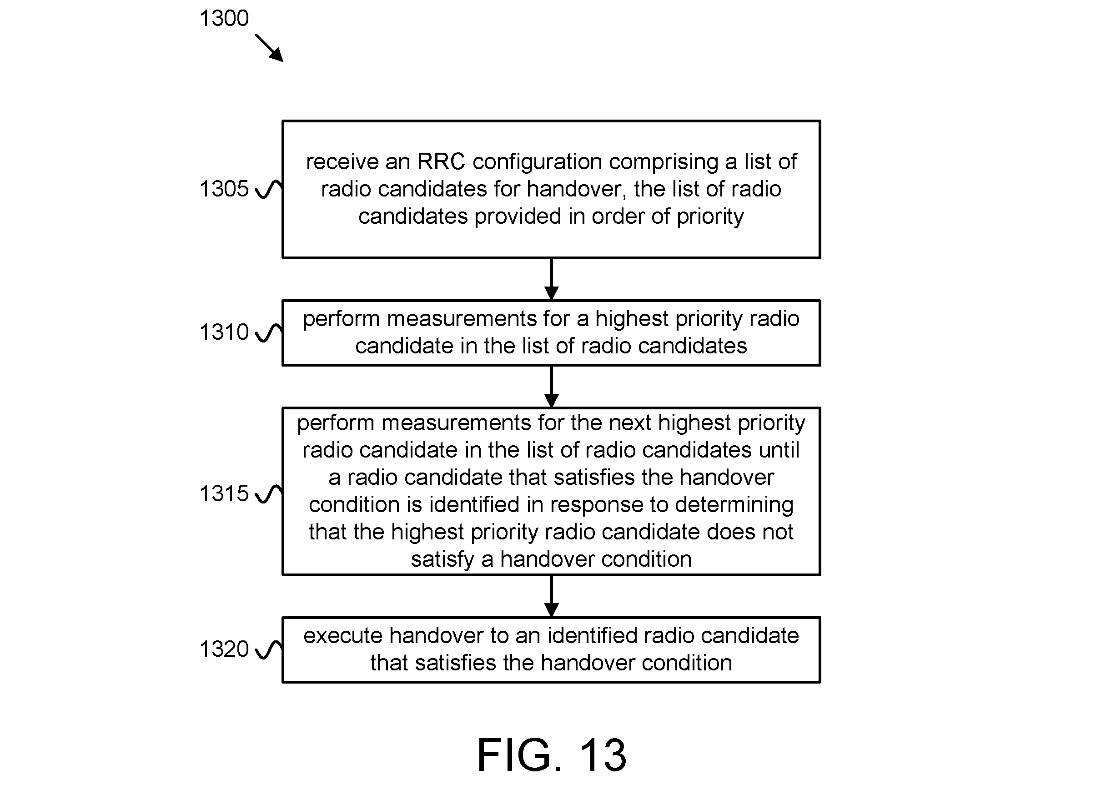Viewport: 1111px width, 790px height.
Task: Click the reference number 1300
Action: click(x=224, y=19)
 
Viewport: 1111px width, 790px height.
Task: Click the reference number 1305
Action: click(x=224, y=189)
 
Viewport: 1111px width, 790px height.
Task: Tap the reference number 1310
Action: click(x=224, y=332)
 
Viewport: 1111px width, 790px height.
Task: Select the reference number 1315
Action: click(x=224, y=493)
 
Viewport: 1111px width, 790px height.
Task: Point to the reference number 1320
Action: click(x=224, y=649)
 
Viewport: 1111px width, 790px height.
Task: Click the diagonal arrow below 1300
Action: click(x=269, y=48)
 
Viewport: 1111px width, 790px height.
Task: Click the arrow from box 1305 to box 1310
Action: click(x=551, y=279)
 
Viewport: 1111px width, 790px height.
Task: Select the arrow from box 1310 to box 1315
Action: click(x=551, y=387)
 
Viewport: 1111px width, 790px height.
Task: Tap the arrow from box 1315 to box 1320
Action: click(x=551, y=596)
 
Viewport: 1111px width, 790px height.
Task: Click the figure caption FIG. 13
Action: click(x=552, y=755)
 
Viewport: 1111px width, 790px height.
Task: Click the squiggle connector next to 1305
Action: click(x=268, y=189)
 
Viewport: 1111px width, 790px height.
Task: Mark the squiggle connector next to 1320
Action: click(x=268, y=650)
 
